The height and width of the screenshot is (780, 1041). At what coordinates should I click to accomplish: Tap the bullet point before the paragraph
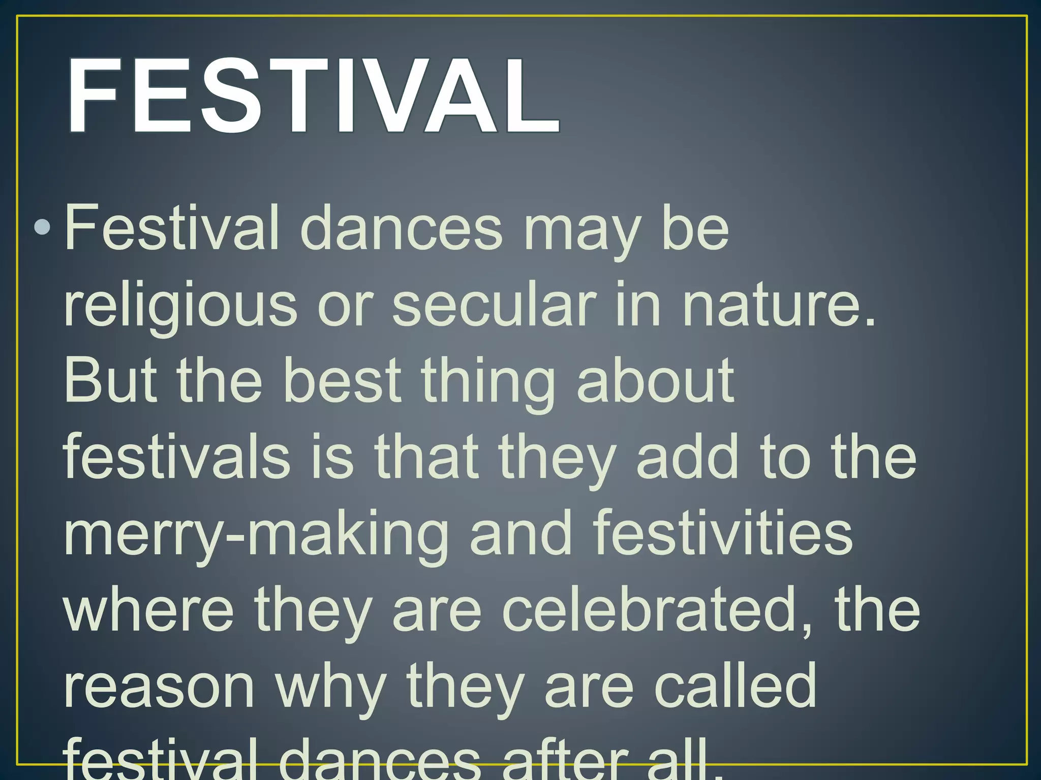[x=42, y=228]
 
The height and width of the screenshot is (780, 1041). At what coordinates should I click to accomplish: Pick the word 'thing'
[x=488, y=383]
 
